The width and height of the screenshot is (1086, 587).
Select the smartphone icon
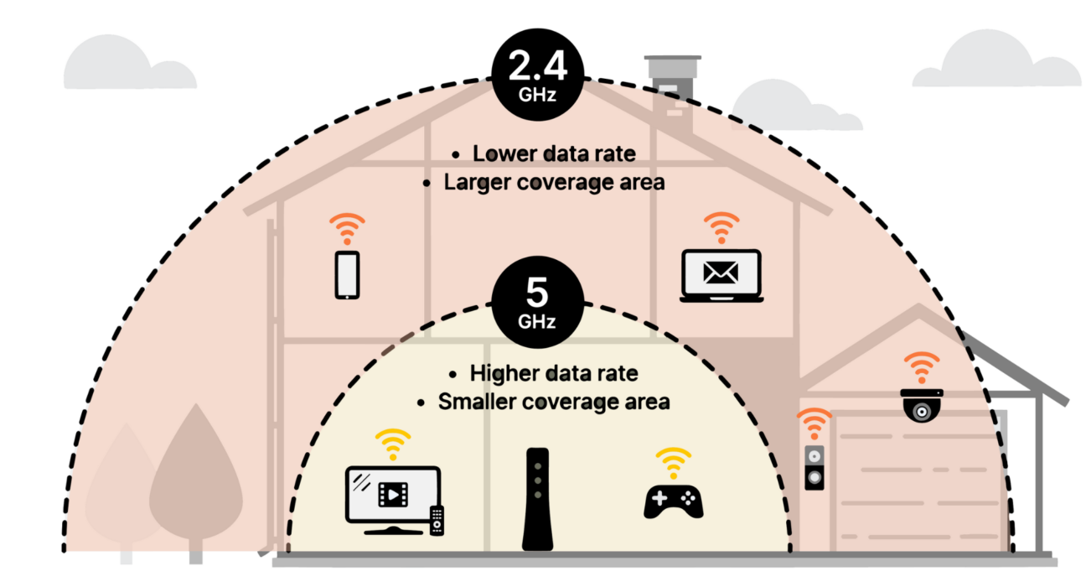click(347, 274)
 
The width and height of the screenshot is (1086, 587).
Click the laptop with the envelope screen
click(721, 276)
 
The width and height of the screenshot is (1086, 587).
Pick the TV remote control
click(437, 520)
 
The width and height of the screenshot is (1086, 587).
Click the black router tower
click(536, 499)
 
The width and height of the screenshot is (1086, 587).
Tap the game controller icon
click(673, 501)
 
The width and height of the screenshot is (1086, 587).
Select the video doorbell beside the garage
click(814, 467)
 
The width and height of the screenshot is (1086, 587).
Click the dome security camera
click(923, 404)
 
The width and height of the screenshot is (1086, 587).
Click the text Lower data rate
click(553, 154)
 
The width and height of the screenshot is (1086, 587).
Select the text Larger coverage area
click(553, 182)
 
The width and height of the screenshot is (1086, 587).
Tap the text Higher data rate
click(553, 373)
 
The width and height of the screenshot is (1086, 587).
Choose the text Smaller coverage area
click(553, 402)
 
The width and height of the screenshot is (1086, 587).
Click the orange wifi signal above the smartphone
click(347, 228)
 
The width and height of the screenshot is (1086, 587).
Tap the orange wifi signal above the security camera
click(922, 366)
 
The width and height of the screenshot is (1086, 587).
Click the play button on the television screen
click(390, 493)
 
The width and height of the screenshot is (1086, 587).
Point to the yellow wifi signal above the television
click(393, 443)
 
